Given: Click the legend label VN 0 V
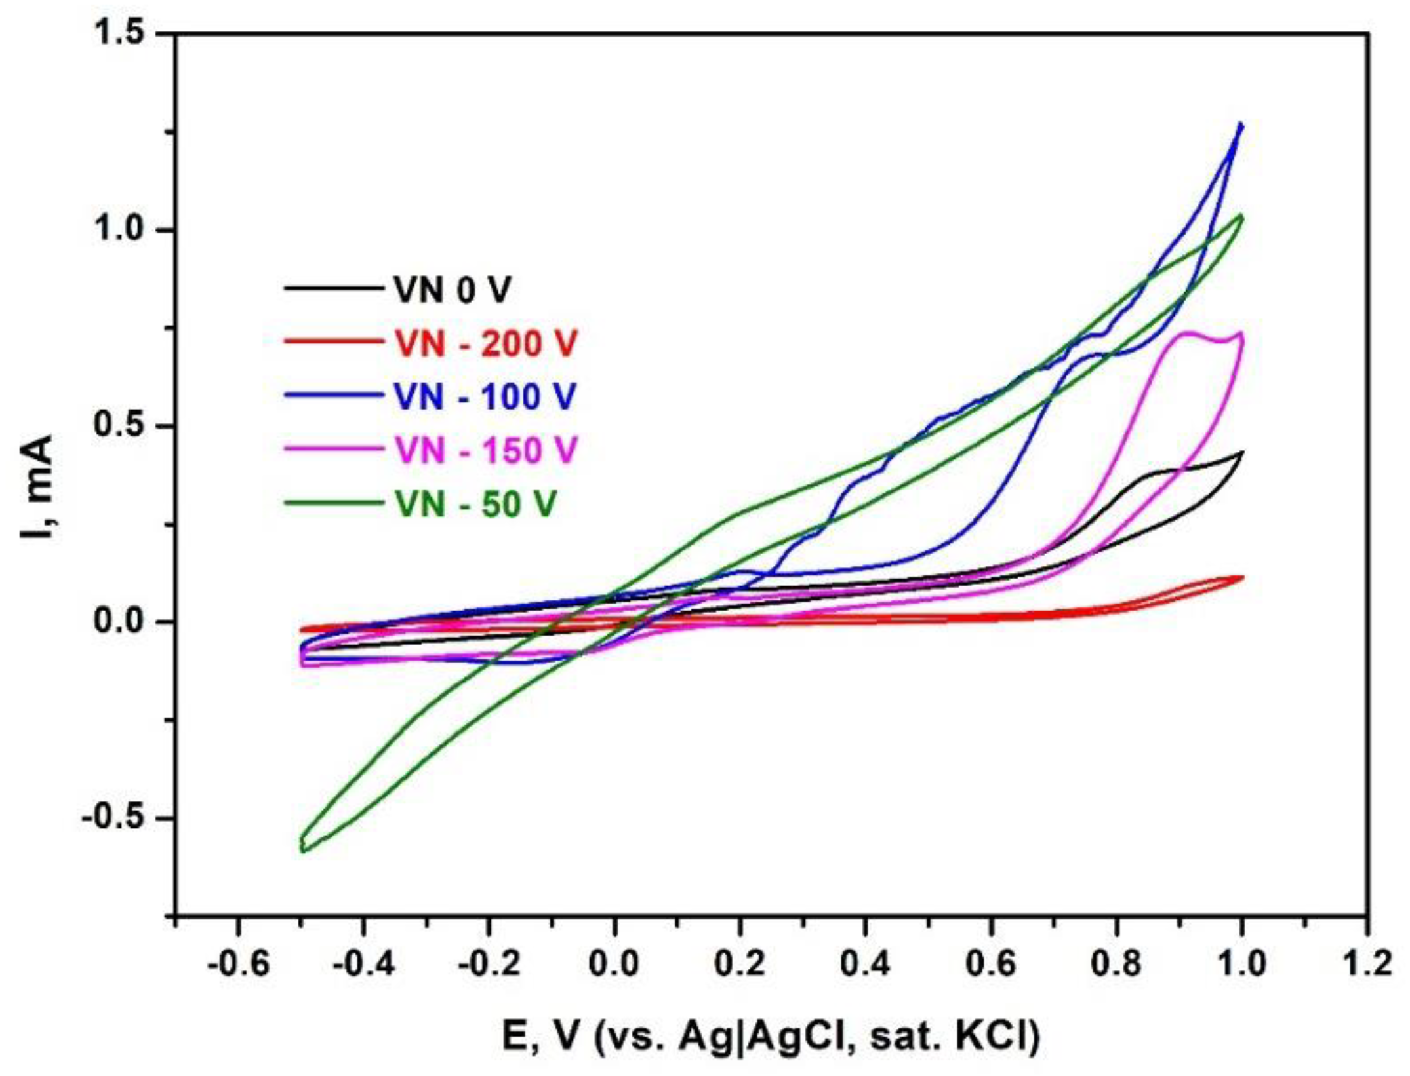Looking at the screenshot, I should [452, 290].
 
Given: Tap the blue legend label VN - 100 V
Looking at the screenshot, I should [485, 396].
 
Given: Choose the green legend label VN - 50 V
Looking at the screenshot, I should [475, 504].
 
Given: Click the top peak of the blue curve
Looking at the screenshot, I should [1240, 124].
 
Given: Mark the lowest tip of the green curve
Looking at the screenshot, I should [303, 851].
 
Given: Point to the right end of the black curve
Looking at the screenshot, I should [1242, 452].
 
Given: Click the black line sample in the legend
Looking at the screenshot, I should [332, 288].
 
